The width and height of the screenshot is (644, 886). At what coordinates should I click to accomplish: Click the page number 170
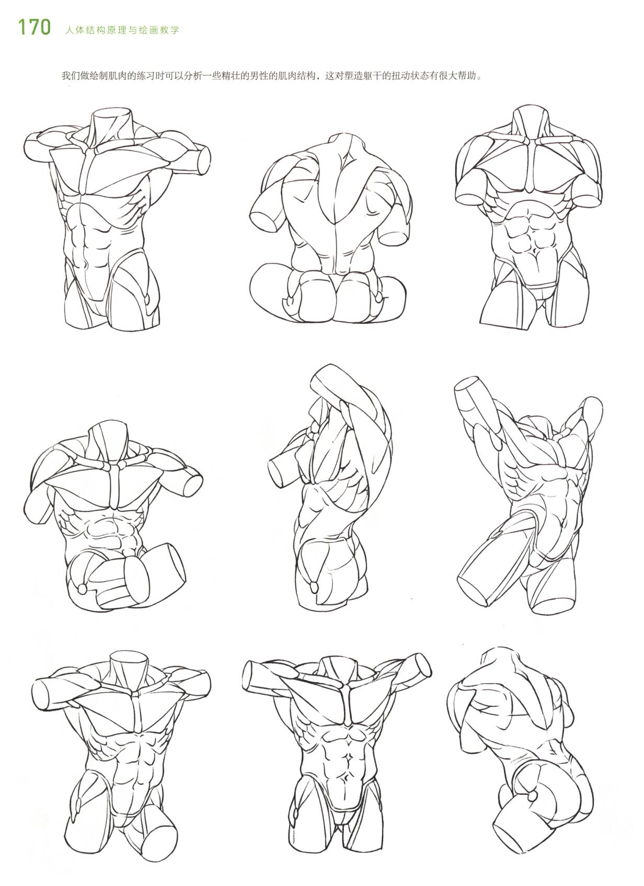[34, 28]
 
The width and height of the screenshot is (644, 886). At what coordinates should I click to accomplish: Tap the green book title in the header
[122, 30]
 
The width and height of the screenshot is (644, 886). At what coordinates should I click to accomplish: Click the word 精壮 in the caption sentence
[236, 76]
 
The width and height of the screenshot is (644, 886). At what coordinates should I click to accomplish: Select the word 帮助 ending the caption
[468, 76]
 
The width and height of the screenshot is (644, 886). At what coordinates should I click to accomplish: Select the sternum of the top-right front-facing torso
[531, 166]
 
